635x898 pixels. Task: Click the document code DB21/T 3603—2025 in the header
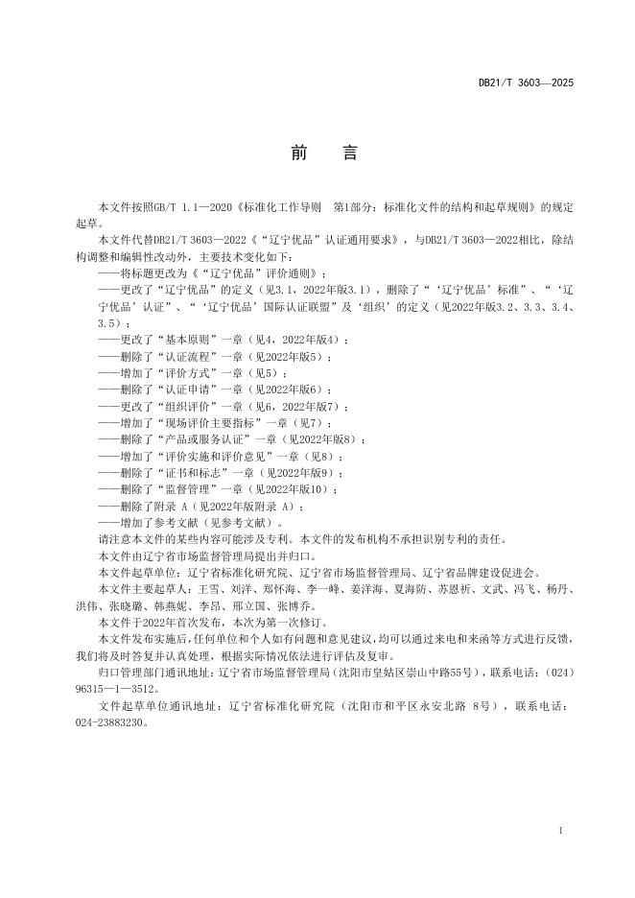[526, 83]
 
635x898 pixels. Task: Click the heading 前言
[317, 154]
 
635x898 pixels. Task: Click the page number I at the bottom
[560, 827]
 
